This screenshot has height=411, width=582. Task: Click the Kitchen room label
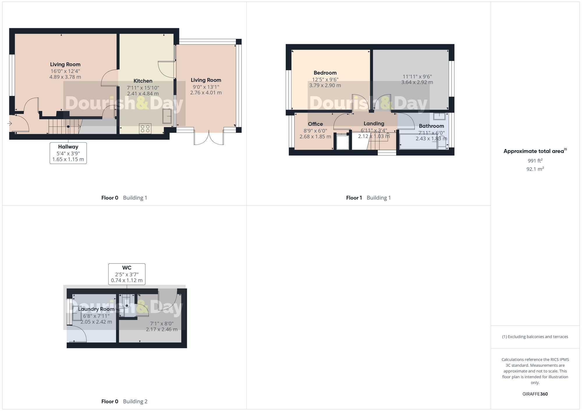[143, 81]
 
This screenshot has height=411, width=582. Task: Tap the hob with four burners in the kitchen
[145, 128]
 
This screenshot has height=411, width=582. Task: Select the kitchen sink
[167, 116]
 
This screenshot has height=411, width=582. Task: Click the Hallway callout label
[68, 147]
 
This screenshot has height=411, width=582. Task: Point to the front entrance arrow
[10, 124]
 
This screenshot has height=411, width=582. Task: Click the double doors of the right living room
[209, 138]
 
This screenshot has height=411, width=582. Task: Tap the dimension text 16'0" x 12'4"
[65, 71]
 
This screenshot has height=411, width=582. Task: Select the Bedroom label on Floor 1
[325, 73]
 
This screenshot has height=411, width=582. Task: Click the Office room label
[315, 124]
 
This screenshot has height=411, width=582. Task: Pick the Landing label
[374, 124]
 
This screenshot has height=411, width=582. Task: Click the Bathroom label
[431, 126]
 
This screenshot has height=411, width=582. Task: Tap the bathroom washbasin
[439, 116]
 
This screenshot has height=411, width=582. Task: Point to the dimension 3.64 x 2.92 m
[417, 82]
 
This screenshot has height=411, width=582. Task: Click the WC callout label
[127, 268]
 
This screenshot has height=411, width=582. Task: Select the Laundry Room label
[96, 309]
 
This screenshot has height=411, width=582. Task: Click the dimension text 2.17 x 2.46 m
[162, 329]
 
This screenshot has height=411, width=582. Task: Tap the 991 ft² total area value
[535, 161]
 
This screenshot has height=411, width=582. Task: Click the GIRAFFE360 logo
[535, 394]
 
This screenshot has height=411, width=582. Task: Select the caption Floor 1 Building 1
[368, 198]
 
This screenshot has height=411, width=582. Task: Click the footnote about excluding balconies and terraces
[535, 337]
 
